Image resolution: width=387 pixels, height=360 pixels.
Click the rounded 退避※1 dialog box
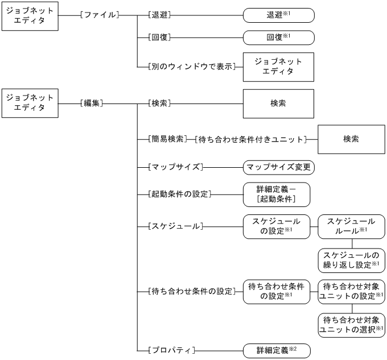[278, 15]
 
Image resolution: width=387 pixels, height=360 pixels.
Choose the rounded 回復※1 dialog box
[278, 38]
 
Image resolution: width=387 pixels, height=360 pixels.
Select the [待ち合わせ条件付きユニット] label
[250, 139]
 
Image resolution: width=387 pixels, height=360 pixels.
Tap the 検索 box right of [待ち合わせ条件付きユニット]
[347, 139]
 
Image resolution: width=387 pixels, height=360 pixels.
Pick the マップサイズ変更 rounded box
[278, 168]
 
